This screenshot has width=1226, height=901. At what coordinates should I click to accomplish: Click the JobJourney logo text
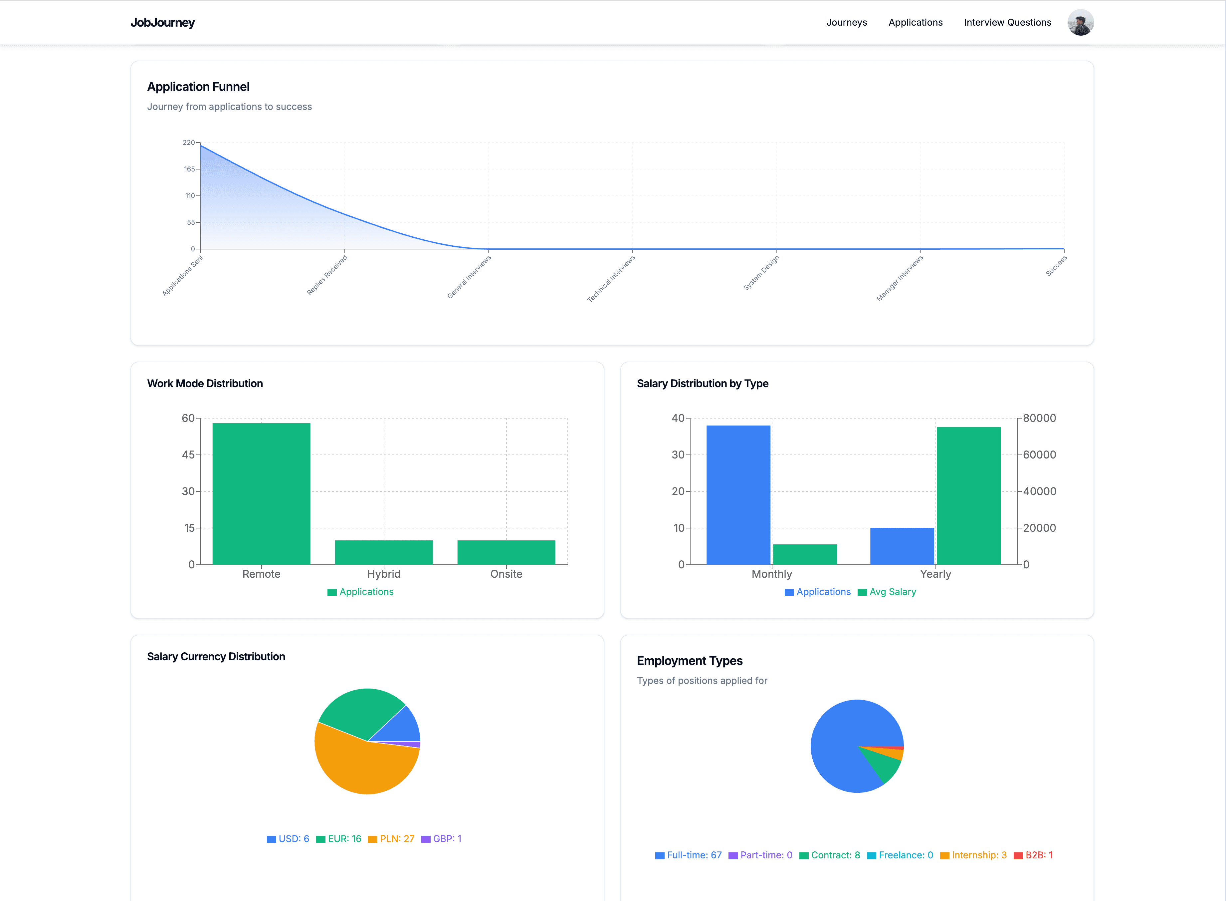(162, 22)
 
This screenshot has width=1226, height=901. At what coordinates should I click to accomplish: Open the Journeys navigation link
(846, 22)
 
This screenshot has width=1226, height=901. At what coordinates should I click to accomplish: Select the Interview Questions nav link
(1007, 22)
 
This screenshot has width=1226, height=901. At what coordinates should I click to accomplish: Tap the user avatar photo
(1080, 22)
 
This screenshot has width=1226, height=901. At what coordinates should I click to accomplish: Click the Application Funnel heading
(198, 87)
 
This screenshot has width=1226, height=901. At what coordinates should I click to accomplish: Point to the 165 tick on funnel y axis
(189, 169)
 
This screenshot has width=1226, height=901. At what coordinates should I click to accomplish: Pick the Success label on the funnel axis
(1056, 266)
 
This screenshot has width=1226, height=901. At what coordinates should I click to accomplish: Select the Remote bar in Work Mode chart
(261, 493)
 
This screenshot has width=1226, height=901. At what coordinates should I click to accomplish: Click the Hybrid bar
(383, 552)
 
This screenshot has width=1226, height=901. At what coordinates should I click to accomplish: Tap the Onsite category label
(506, 574)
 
